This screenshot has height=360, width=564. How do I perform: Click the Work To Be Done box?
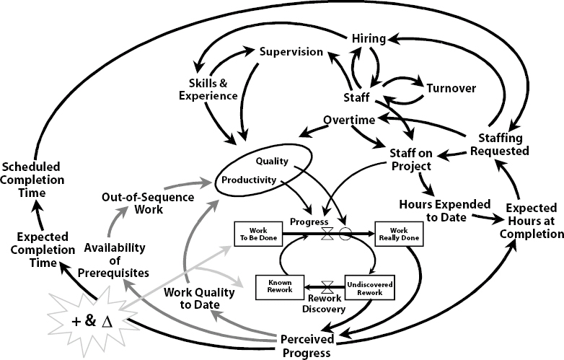pos(258,234)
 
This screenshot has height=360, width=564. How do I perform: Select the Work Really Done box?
pos(399,234)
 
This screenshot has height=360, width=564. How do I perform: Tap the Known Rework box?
pos(280,287)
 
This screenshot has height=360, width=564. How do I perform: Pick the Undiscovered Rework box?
pos(370,288)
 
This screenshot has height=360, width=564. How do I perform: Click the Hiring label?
pos(369,38)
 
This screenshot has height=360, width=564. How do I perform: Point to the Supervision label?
pos(291,52)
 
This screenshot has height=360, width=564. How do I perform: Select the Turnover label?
pos(451,88)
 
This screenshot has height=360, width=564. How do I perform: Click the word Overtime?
pos(349,120)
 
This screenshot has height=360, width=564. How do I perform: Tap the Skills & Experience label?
pos(208,89)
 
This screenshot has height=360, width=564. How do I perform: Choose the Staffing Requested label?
pos(500,144)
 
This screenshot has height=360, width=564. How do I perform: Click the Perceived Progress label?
pos(307,346)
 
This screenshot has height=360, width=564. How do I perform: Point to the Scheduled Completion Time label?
pos(32,180)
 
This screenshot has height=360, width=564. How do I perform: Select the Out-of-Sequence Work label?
pos(148,203)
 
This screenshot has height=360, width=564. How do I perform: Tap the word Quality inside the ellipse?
pos(272,161)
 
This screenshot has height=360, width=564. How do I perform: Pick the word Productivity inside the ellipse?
pos(249,180)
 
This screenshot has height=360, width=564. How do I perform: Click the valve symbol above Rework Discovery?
pos(327,287)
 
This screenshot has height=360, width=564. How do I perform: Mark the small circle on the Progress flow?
pos(345,234)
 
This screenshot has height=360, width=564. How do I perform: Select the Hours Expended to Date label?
pos(445,211)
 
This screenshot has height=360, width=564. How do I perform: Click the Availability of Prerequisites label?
pos(114,260)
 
